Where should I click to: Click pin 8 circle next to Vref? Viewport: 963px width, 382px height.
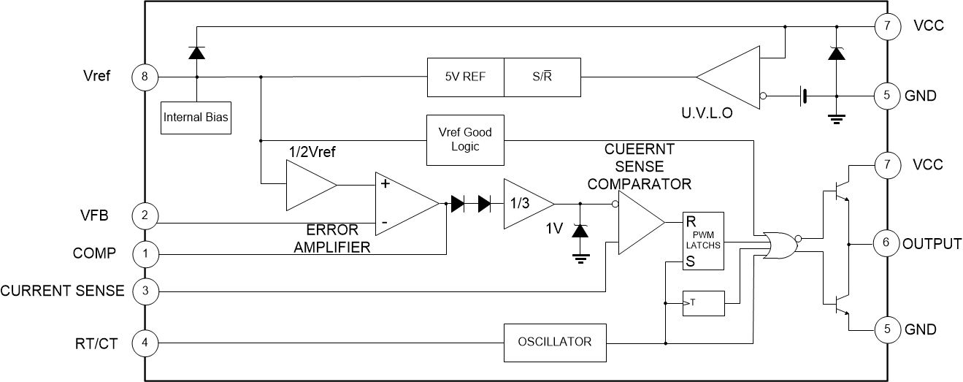(144, 76)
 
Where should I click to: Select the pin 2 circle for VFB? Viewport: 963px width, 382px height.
(144, 215)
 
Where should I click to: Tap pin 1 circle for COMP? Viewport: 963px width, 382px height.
(144, 254)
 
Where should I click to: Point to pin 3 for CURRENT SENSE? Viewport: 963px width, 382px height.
(144, 291)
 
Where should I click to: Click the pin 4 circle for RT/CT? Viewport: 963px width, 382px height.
(144, 342)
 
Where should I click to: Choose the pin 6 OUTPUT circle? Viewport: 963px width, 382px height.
(886, 243)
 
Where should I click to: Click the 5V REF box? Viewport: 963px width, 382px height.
(465, 77)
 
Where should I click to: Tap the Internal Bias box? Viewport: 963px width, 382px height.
(196, 118)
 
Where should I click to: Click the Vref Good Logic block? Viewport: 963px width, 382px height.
(465, 139)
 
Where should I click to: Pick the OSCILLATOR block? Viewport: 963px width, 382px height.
(555, 342)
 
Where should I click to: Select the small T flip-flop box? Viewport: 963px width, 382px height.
(703, 303)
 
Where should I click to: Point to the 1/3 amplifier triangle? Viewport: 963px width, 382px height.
(524, 204)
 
